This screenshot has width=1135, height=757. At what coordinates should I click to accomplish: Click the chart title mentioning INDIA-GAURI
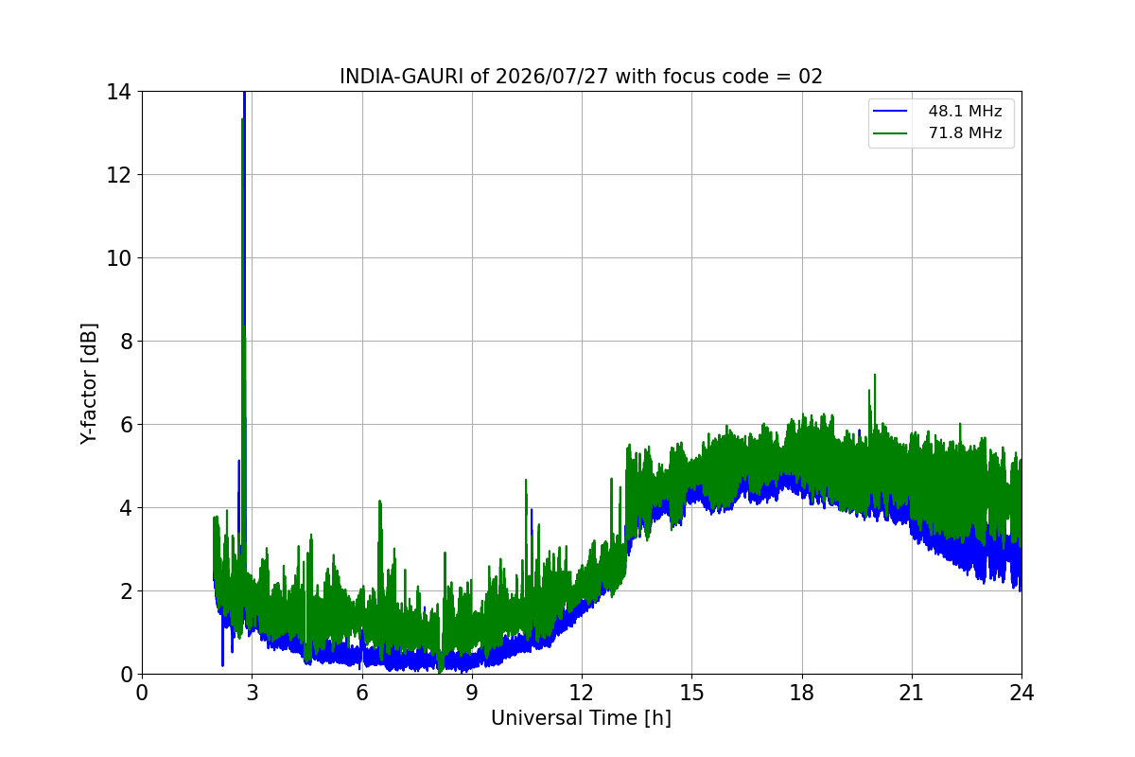(581, 77)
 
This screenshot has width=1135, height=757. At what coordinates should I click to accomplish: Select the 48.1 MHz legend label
(965, 111)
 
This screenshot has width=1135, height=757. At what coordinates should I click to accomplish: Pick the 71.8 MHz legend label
(965, 132)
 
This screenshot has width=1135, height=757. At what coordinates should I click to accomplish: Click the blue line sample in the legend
(890, 111)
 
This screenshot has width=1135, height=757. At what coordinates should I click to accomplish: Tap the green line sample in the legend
(890, 133)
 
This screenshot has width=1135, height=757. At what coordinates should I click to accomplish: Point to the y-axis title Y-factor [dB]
(89, 384)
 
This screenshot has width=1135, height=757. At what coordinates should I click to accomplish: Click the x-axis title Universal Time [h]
(581, 718)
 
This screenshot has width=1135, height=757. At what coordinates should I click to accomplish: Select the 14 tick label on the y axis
(118, 93)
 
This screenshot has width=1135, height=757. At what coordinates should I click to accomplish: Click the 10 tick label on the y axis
(118, 258)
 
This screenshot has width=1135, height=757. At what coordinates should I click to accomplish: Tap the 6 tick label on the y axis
(126, 425)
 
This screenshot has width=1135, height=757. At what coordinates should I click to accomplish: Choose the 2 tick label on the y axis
(126, 591)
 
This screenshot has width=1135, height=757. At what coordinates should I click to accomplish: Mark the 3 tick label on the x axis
(253, 693)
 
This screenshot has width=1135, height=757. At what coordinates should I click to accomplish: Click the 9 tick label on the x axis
(472, 693)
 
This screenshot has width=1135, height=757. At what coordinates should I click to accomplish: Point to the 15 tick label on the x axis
(691, 693)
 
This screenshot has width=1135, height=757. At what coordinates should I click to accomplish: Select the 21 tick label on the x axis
(912, 693)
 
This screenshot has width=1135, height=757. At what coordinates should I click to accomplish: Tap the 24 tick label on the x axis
(1021, 693)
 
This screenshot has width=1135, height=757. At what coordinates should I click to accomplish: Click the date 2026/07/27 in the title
(551, 77)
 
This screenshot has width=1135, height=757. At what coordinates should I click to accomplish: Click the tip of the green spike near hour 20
(875, 375)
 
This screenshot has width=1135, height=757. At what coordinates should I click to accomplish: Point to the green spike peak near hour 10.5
(526, 480)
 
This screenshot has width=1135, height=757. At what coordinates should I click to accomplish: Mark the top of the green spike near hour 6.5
(379, 501)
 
